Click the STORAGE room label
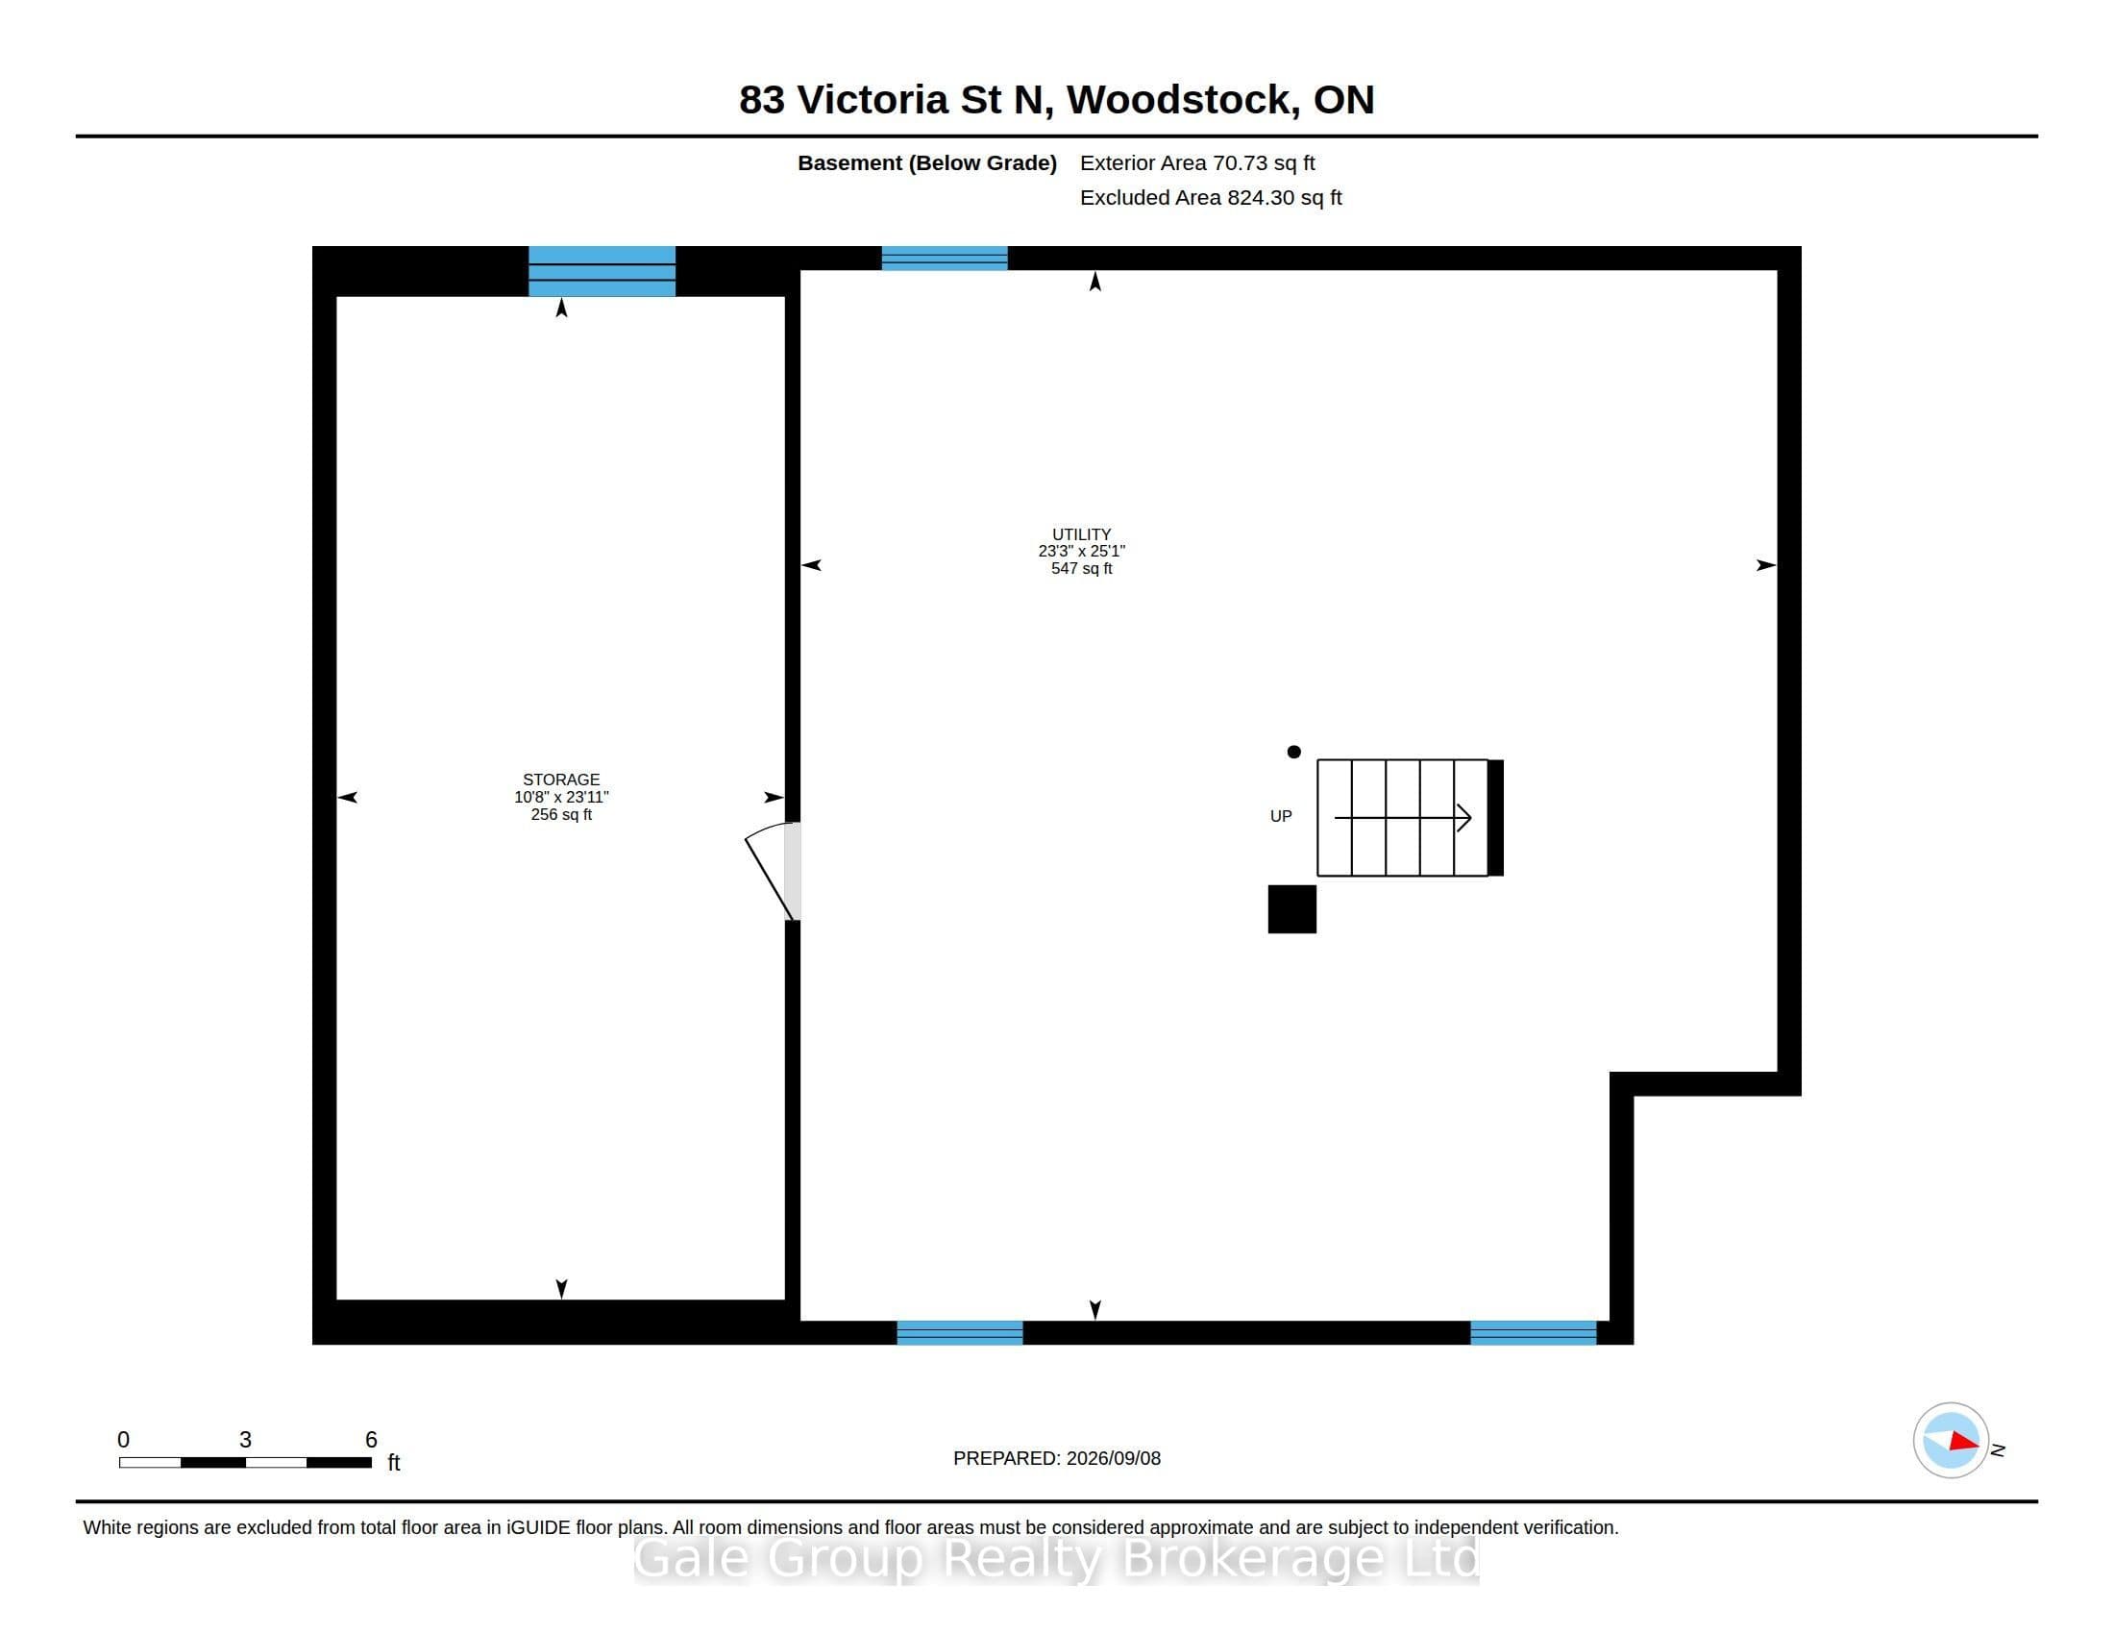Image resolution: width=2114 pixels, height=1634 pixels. (561, 780)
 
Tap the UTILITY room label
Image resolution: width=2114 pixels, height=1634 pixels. (1081, 534)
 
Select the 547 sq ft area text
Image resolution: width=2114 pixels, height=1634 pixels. (1081, 568)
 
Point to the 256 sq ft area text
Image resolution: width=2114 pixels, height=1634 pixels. (561, 814)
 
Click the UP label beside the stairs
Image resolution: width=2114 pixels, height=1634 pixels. (1281, 816)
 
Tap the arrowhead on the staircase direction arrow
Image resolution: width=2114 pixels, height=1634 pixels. (1465, 818)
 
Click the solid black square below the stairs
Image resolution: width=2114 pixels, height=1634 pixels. (1292, 909)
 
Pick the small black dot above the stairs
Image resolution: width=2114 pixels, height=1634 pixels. (1294, 752)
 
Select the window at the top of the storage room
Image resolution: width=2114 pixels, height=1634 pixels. (602, 271)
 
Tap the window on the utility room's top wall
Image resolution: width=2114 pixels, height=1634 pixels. (945, 259)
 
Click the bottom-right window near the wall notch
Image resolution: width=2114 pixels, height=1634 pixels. (1534, 1332)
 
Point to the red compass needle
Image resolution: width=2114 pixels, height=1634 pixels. (1964, 1442)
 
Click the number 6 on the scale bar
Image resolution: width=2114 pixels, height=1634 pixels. (371, 1440)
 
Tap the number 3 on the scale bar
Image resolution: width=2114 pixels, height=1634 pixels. (245, 1440)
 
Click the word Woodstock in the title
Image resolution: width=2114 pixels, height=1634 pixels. (1183, 100)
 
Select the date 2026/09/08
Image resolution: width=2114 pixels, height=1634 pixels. (1112, 1458)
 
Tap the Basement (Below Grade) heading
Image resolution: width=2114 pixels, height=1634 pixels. (927, 163)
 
